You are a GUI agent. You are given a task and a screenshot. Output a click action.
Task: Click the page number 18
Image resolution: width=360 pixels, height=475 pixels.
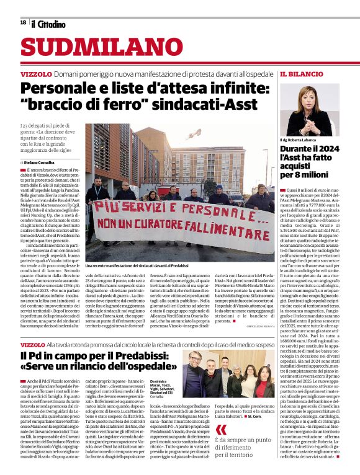(23, 22)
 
